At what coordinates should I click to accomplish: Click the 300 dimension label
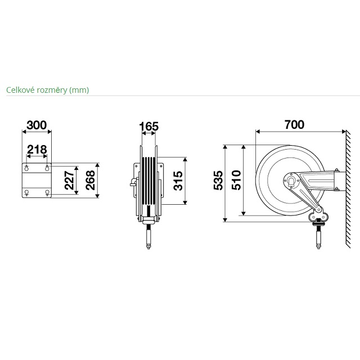[x=37, y=125]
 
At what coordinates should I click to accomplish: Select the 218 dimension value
[x=37, y=150]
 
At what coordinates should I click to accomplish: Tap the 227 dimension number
[x=69, y=180]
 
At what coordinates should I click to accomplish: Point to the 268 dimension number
[x=90, y=180]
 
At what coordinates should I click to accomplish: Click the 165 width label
[x=148, y=127]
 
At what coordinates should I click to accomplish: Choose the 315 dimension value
[x=178, y=181]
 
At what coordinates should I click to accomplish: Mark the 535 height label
[x=218, y=181]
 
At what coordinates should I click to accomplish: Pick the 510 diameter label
[x=236, y=180]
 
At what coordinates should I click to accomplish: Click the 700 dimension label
[x=294, y=125]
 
